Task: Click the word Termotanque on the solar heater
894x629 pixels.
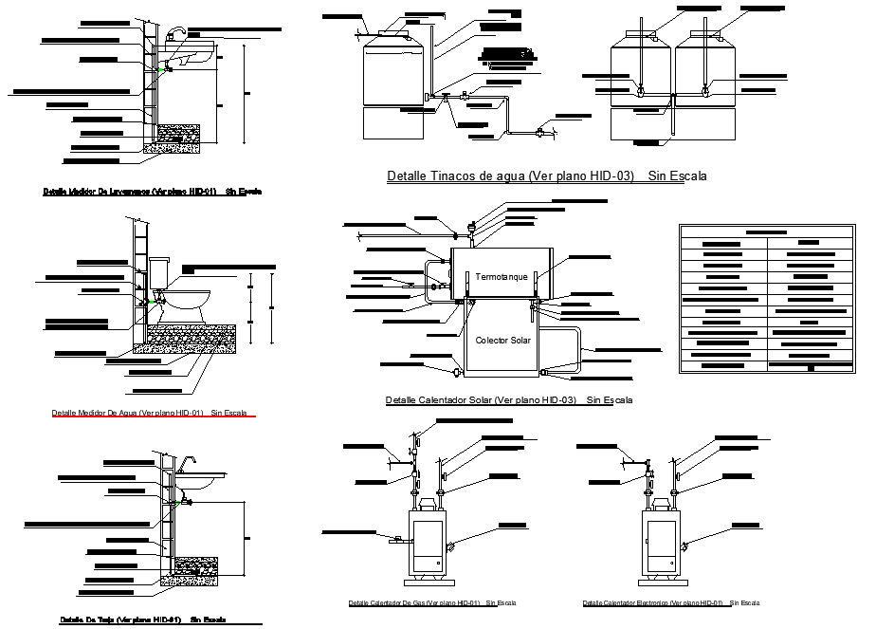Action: click(502, 276)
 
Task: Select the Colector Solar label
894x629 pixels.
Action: click(502, 340)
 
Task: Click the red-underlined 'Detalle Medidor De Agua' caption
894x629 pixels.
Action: click(149, 413)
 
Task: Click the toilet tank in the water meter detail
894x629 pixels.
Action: click(157, 273)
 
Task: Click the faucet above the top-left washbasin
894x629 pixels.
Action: click(175, 35)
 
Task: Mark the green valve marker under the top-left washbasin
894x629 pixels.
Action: click(164, 66)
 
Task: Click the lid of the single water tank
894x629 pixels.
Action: click(391, 33)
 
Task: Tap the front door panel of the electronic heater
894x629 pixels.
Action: click(660, 542)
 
